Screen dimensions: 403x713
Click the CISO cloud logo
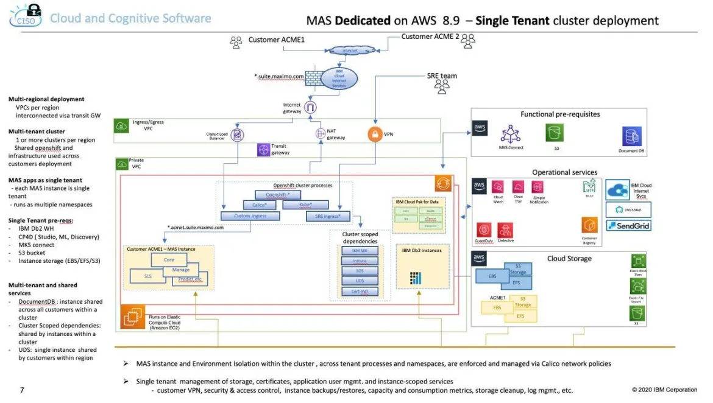tap(26, 16)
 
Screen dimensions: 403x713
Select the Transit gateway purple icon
tap(263, 150)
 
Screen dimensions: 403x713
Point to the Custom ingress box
tap(250, 216)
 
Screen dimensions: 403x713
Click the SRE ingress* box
tap(327, 216)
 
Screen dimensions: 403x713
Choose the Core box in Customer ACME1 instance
tap(169, 260)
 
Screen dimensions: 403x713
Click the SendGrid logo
tap(628, 226)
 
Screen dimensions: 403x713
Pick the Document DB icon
tap(632, 136)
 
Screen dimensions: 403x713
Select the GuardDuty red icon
tap(485, 230)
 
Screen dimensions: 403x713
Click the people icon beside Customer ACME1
tap(236, 42)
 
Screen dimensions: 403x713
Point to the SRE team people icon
tap(442, 87)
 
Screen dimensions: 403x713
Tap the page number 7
tap(23, 390)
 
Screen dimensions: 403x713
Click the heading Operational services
tap(564, 172)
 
